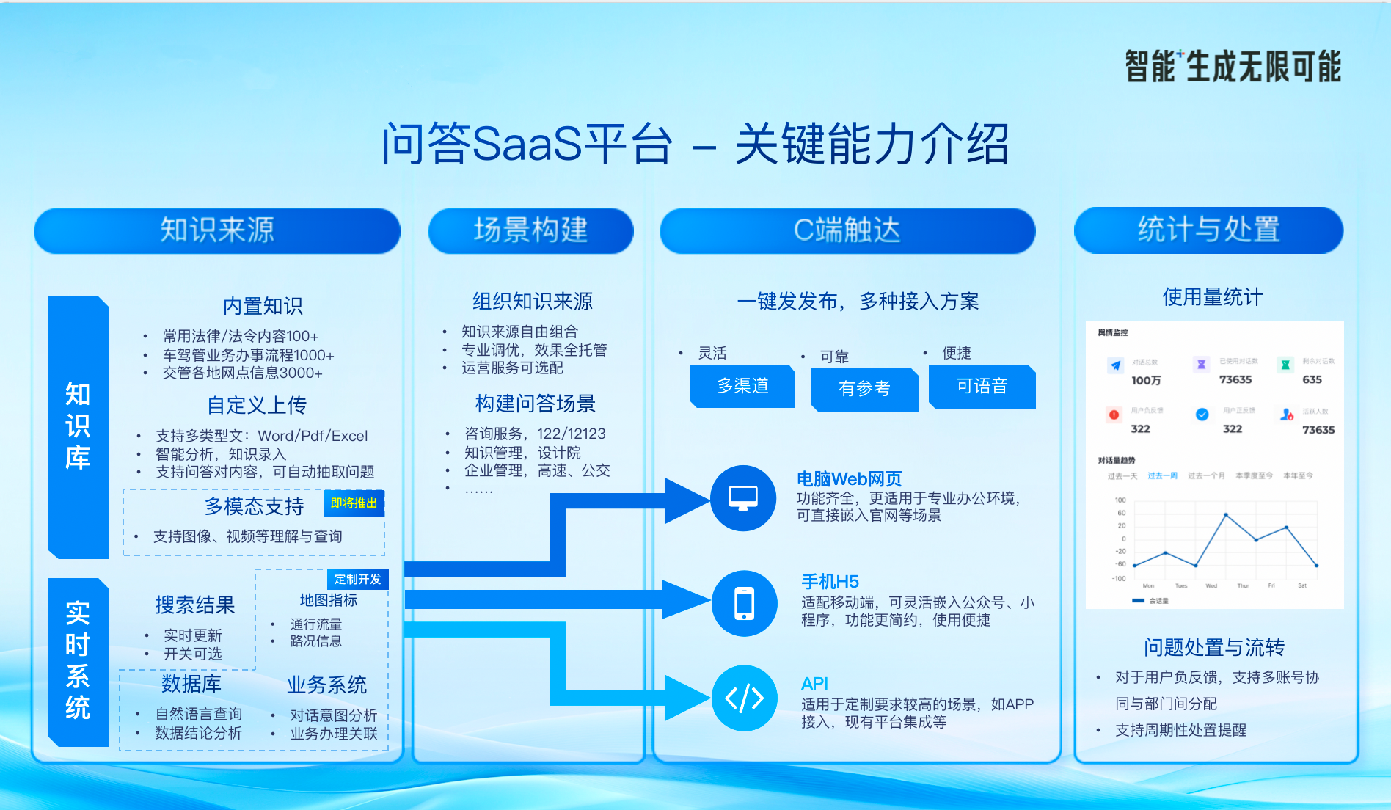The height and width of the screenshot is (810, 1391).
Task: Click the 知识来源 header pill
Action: (x=217, y=230)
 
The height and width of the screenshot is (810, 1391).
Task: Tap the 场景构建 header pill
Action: (x=530, y=230)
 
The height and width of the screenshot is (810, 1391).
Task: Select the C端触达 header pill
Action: (x=847, y=230)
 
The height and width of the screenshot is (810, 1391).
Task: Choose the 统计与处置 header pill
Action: (x=1208, y=230)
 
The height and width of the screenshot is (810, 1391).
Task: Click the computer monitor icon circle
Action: (x=743, y=498)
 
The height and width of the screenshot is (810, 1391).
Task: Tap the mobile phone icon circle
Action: (x=744, y=603)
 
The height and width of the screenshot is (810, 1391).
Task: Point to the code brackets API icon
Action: (x=744, y=698)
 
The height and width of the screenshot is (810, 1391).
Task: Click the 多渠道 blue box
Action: (x=742, y=386)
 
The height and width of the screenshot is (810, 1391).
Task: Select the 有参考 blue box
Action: (x=864, y=388)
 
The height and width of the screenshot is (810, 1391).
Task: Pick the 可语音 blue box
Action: (x=982, y=386)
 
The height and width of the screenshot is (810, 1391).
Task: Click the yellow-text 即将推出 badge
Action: (x=354, y=503)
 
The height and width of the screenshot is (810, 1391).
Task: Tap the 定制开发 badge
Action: (x=357, y=580)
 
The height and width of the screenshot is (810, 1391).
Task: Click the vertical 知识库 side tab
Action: (x=78, y=426)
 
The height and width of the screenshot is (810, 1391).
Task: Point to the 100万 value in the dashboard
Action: (x=1146, y=380)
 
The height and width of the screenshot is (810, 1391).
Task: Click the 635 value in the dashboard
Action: (x=1312, y=379)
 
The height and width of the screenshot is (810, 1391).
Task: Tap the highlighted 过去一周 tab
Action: (x=1162, y=475)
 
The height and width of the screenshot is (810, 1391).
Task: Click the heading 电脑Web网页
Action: (x=849, y=479)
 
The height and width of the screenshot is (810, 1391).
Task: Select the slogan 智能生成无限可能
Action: (x=1233, y=67)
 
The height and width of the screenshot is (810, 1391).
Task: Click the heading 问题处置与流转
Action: (x=1214, y=647)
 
